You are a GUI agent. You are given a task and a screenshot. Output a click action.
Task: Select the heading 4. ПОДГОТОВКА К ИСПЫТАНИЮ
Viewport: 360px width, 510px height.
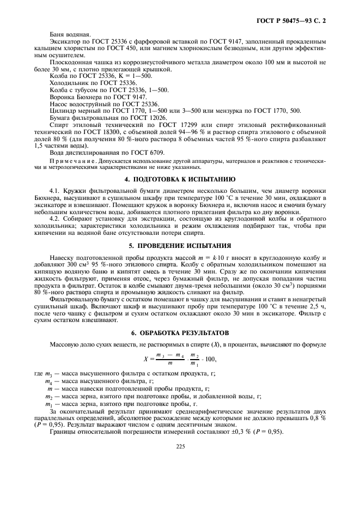tap(181, 179)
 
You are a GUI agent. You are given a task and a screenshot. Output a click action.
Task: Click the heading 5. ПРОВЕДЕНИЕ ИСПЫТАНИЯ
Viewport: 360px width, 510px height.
tap(181, 245)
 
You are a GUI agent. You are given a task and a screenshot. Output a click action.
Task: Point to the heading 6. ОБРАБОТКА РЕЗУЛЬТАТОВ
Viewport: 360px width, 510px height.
tap(181, 333)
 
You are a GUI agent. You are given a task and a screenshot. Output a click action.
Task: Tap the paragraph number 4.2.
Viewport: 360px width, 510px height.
tap(54, 217)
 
